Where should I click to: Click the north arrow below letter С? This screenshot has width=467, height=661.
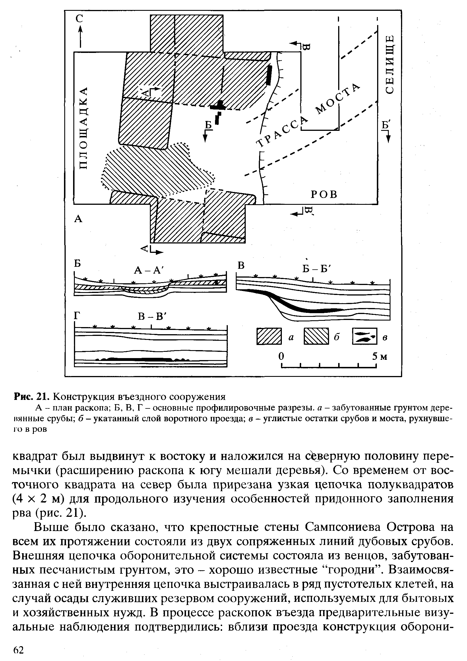coord(80,36)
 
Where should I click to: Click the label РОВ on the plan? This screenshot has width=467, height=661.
coord(324,195)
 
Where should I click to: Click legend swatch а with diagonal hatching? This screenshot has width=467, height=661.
coord(269,336)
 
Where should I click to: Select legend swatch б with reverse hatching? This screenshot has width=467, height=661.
coord(316,336)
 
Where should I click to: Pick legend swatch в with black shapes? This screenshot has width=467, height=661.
coord(365,336)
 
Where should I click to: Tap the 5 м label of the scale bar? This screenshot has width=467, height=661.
coord(379,357)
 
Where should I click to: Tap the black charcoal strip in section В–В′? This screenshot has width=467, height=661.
coord(141,359)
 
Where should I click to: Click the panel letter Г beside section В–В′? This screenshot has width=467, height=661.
coord(76,316)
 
